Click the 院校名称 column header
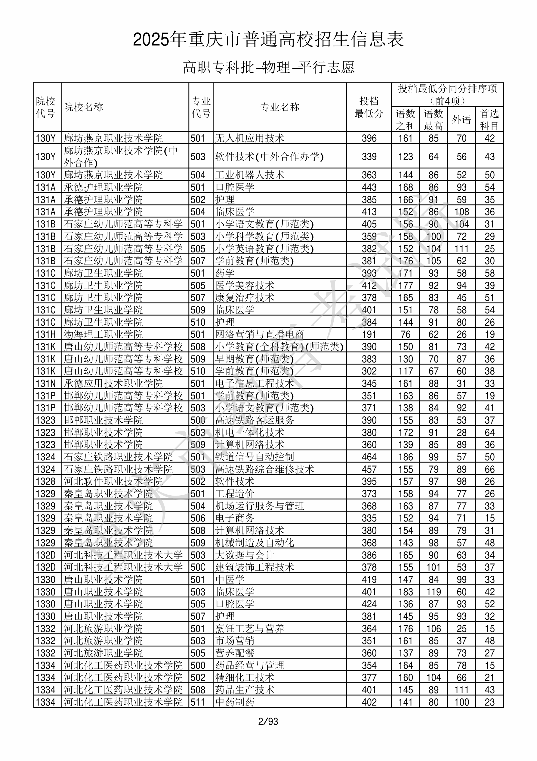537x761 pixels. (84, 107)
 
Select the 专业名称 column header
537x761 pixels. (280, 107)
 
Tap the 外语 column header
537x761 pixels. (461, 120)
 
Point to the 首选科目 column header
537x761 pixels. (489, 120)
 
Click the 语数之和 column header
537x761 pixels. (405, 120)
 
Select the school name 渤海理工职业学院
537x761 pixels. (103, 334)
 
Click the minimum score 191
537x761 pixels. (369, 334)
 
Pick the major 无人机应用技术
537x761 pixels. (250, 138)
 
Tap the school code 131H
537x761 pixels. (46, 334)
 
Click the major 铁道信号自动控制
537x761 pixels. (254, 457)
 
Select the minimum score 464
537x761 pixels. (369, 457)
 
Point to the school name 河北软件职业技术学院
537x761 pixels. (113, 481)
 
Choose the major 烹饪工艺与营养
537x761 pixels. (250, 628)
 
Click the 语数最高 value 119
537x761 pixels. (434, 592)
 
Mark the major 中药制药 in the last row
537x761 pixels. (235, 702)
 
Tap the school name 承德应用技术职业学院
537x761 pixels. (113, 384)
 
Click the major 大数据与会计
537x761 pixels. (245, 555)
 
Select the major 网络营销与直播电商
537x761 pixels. (260, 334)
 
